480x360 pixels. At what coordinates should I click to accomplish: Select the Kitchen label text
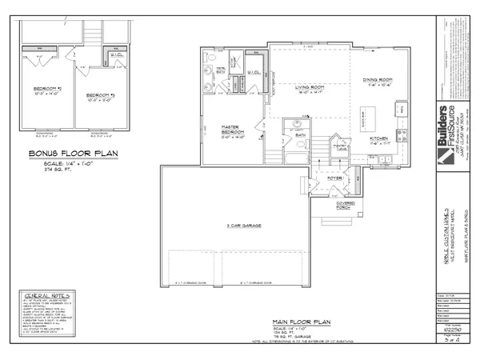click(378, 138)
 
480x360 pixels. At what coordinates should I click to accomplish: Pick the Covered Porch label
click(346, 205)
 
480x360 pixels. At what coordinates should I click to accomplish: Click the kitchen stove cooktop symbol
click(402, 134)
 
